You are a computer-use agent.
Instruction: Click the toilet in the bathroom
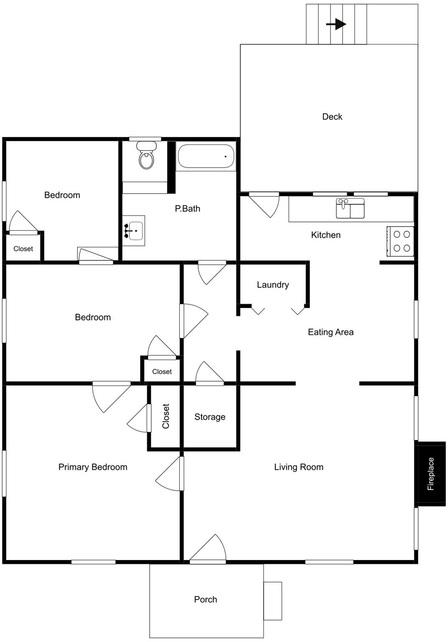pos(146,155)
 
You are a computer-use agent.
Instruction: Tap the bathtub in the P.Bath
pos(206,156)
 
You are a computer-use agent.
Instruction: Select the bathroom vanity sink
pos(134,231)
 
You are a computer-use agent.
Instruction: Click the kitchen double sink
pos(350,208)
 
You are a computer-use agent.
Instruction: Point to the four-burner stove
pos(400,241)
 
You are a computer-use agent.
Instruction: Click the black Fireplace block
pos(430,474)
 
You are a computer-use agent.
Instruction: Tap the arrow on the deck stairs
pos(336,24)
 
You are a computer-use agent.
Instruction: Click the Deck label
pos(332,117)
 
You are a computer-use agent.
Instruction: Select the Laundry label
pos(273,285)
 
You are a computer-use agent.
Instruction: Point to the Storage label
pos(210,417)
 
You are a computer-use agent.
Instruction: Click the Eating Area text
pos(331,332)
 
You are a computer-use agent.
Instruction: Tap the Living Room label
pos(299,467)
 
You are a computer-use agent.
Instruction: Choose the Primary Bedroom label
pos(93,467)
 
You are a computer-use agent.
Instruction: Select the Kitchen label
pos(326,235)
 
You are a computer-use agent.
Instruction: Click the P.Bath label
pos(188,209)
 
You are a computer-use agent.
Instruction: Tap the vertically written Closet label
pos(166,416)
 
